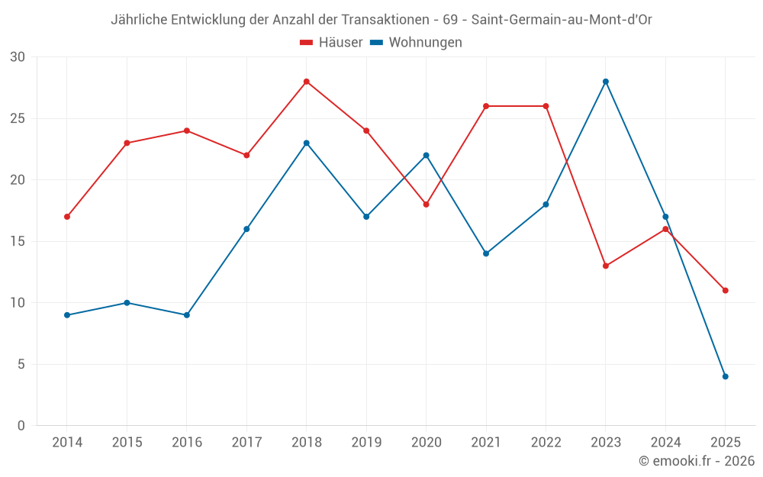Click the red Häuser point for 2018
tap(307, 82)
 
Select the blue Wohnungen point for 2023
tap(606, 82)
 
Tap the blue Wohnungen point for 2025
tap(726, 376)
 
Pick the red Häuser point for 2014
tap(67, 217)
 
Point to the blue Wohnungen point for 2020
tap(427, 155)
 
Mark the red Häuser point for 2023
tap(606, 266)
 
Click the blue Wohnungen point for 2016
tap(187, 315)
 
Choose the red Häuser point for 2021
tap(486, 106)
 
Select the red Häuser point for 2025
tap(726, 290)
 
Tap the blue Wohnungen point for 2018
tap(307, 143)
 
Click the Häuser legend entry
tap(331, 43)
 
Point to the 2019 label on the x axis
tap(366, 443)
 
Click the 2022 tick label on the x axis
tap(546, 443)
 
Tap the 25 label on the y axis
tap(18, 118)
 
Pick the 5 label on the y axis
tap(21, 364)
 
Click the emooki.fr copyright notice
tap(697, 461)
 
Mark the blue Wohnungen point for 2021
tap(486, 253)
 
